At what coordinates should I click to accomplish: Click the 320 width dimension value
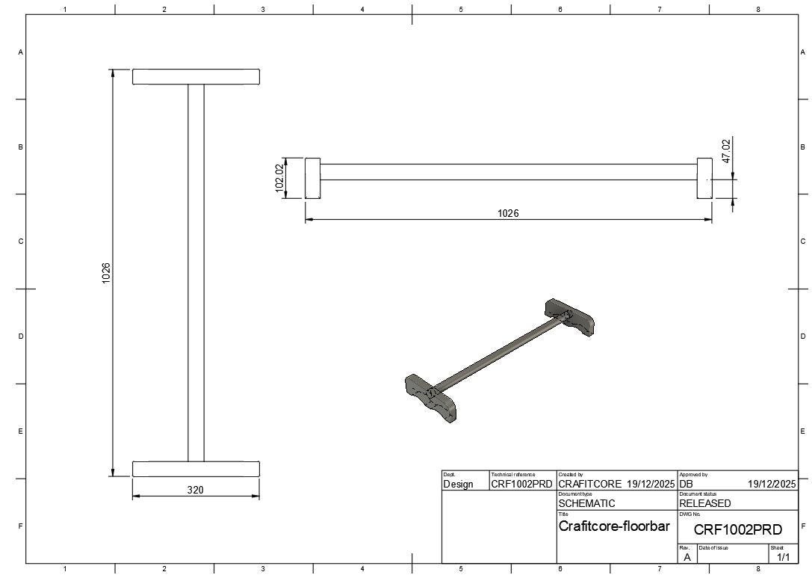tap(195, 489)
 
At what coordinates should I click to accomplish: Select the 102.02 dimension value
tap(279, 178)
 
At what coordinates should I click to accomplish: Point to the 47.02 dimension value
tap(727, 151)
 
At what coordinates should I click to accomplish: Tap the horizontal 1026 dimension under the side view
tap(508, 213)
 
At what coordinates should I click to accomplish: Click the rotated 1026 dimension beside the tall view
tap(106, 273)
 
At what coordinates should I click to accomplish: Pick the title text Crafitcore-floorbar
tap(614, 526)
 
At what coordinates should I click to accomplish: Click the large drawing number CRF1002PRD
tap(738, 530)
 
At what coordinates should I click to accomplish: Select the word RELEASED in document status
tap(704, 503)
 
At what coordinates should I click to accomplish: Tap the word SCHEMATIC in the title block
tap(586, 503)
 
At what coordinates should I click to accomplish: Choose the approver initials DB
tap(687, 485)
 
